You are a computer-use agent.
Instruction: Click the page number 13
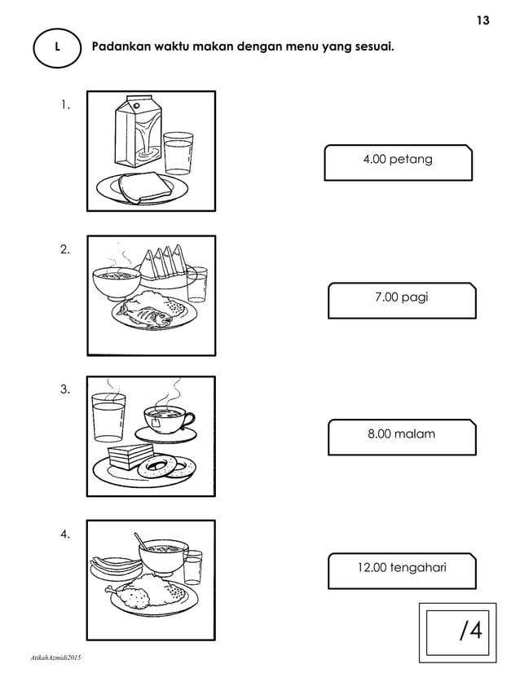coord(483,20)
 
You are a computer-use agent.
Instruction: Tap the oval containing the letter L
coord(56,47)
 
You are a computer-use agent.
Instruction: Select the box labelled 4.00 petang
coord(398,161)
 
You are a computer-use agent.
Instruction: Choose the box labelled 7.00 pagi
coord(401,300)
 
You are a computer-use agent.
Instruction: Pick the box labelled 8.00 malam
coord(401,436)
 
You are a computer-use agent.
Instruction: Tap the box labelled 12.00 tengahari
coord(401,570)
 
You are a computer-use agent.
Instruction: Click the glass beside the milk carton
coord(177,152)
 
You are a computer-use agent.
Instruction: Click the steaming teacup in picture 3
coord(167,420)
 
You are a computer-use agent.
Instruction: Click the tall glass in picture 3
coord(108,416)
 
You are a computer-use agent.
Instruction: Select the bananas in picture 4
coord(112,561)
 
